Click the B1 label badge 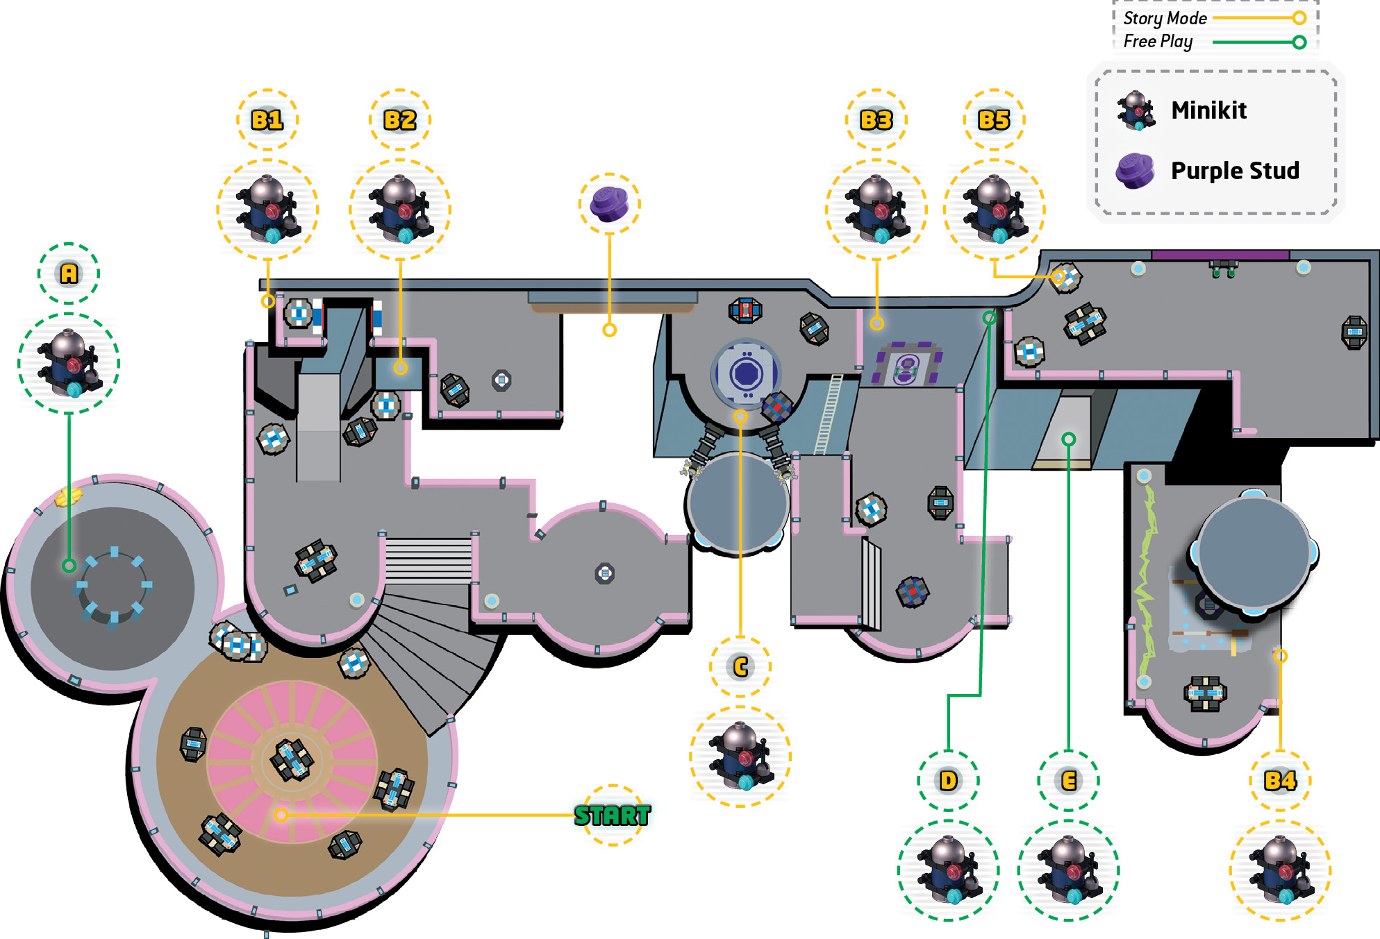[x=267, y=120]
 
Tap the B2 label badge [x=400, y=120]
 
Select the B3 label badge [x=876, y=120]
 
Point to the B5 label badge [x=994, y=120]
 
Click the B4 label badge [x=1280, y=781]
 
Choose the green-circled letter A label [x=69, y=273]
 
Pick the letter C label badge [x=740, y=667]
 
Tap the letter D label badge [x=948, y=781]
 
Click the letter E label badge [x=1069, y=781]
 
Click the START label [x=613, y=815]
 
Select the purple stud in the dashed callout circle [x=609, y=204]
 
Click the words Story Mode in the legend [x=1165, y=18]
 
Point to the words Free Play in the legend [x=1158, y=42]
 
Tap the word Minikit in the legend [x=1208, y=110]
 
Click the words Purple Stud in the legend [x=1235, y=171]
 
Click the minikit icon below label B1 [x=267, y=210]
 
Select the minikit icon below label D [x=948, y=870]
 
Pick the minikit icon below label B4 [x=1280, y=870]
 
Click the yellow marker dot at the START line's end [x=281, y=815]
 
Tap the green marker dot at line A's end [x=69, y=566]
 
